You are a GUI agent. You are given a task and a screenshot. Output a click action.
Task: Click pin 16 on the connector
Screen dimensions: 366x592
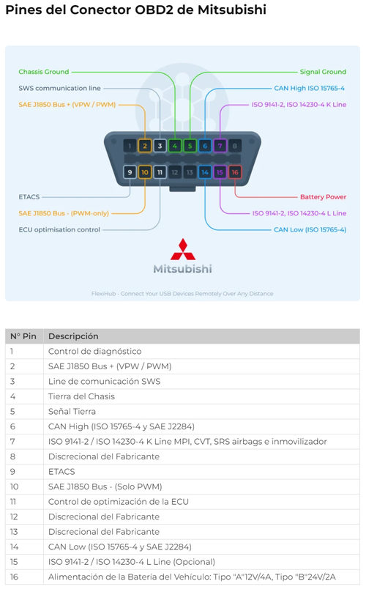coord(235,172)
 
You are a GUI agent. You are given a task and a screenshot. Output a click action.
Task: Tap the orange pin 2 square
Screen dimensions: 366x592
coord(145,146)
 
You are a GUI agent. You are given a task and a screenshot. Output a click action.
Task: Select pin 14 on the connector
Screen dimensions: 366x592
coord(205,172)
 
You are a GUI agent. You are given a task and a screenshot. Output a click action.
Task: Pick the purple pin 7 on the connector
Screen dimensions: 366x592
coord(220,146)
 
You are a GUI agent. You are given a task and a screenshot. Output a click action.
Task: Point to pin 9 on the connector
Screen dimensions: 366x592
coord(130,172)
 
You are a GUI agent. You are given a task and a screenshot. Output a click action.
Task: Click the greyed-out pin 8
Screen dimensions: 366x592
coord(235,146)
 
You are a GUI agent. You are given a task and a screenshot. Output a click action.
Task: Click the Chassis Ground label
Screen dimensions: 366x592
coord(44,72)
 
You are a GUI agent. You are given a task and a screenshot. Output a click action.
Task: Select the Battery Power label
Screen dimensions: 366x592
coord(323,196)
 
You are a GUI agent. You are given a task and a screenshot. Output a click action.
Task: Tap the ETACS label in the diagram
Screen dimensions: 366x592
coord(29,196)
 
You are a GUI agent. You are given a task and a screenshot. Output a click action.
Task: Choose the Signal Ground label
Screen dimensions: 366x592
coord(323,72)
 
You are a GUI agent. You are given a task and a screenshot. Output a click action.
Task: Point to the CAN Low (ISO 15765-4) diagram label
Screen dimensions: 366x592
coord(310,229)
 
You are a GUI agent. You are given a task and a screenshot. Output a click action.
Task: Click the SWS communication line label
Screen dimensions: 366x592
coord(59,88)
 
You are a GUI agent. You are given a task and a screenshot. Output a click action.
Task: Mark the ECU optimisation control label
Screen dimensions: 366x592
coord(59,229)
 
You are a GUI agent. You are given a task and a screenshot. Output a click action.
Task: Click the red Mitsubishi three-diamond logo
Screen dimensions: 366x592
coord(183,250)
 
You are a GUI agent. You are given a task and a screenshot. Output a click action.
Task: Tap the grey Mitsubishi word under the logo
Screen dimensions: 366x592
coord(182,269)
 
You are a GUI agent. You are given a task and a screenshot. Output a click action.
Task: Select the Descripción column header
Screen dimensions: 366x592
coord(73,336)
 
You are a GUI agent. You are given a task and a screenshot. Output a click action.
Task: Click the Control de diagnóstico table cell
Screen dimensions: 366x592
coord(94,351)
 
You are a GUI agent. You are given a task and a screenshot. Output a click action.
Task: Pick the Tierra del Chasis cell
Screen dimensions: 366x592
coord(81,396)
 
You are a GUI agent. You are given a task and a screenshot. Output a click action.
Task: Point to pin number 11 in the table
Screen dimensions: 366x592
coord(13,502)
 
